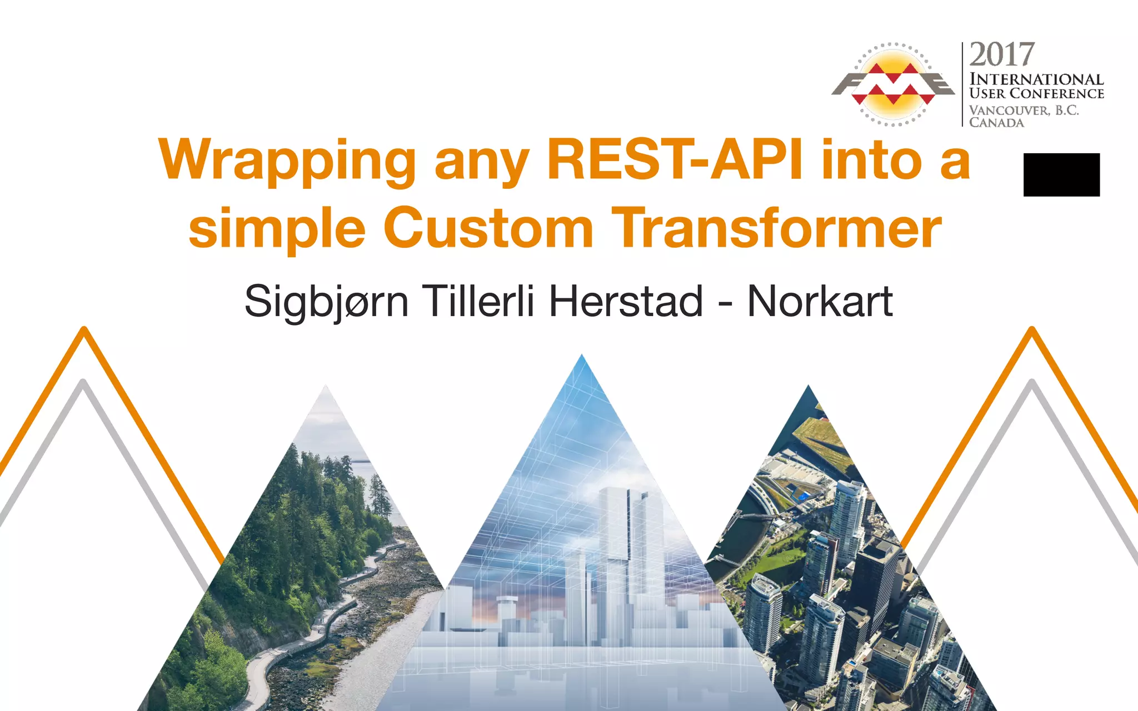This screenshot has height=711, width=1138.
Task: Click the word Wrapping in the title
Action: click(x=287, y=161)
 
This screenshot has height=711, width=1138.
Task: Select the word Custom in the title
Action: click(x=488, y=228)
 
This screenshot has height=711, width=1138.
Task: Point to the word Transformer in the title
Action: click(x=779, y=228)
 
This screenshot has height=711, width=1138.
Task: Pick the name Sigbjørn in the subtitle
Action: click(x=326, y=302)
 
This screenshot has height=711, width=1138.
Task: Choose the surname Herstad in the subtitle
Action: click(x=626, y=301)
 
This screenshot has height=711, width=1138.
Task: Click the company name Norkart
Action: click(x=820, y=301)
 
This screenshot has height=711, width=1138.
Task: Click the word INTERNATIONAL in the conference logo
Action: click(x=1036, y=79)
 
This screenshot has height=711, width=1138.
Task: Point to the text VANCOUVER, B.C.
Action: click(x=1024, y=110)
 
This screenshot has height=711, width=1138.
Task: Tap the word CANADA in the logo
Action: click(x=996, y=122)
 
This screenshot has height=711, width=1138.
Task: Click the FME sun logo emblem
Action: click(x=893, y=84)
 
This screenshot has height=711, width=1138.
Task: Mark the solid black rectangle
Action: click(x=1061, y=174)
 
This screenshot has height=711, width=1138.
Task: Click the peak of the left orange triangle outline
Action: click(x=84, y=329)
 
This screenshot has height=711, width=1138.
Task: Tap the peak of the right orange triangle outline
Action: click(x=1032, y=329)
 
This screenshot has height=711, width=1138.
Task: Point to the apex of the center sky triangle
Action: click(x=582, y=357)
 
